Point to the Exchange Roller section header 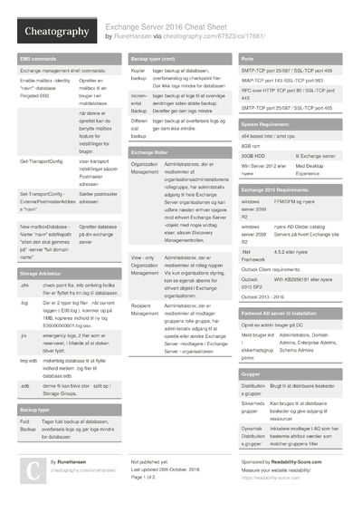point(149,153)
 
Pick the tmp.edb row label point(29,360)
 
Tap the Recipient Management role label point(146,313)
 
